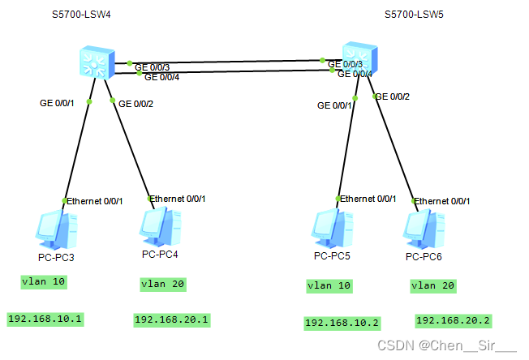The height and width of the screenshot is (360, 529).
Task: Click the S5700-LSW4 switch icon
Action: pos(95,62)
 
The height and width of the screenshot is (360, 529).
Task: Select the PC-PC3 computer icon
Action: pos(57,230)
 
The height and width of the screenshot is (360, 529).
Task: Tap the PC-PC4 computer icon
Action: pos(160,227)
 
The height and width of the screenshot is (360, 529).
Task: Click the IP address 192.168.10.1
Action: pos(45,319)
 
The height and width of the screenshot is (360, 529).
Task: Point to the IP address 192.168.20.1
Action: pos(172,319)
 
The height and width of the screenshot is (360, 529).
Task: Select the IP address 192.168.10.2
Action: pos(342,323)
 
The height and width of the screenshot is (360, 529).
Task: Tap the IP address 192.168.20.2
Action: pos(454,320)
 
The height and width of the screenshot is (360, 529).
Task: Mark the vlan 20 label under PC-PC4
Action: pos(163,284)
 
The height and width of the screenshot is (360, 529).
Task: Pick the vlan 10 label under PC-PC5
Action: pos(329,285)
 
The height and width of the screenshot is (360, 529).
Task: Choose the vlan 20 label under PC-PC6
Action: pos(434,285)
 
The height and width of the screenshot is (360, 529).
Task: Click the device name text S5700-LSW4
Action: pos(80,15)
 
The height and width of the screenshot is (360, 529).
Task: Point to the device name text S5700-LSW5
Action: pos(415,15)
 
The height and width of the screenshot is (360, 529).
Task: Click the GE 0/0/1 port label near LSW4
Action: pos(57,103)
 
